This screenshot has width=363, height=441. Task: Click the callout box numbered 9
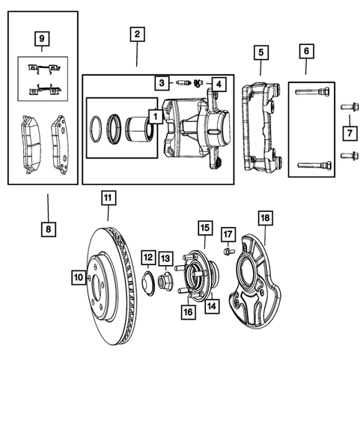pos(42,37)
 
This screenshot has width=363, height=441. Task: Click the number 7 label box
pos(350,133)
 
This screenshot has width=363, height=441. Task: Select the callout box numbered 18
pos(264,218)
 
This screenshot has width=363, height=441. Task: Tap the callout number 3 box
pos(160,82)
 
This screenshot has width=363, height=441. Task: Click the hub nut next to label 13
pos(165,283)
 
